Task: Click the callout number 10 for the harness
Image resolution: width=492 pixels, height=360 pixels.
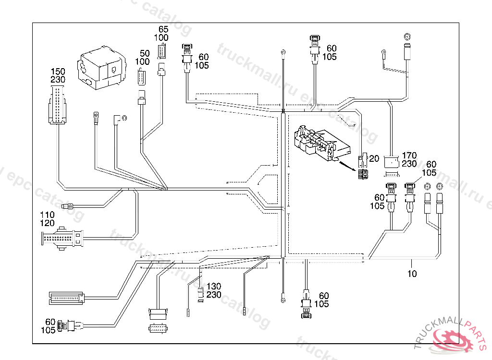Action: coord(412,274)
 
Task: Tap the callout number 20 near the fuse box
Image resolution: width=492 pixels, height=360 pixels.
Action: coord(374,159)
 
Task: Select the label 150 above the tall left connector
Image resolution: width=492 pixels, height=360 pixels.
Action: coord(58,72)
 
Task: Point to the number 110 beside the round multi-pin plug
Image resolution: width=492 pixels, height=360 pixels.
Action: coord(48,215)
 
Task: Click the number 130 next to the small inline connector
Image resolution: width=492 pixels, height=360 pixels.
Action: coord(214,287)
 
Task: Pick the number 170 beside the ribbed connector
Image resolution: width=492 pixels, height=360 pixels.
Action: coord(409,156)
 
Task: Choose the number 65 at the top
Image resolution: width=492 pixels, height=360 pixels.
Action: coord(163,30)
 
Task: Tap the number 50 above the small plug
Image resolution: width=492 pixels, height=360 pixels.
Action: coord(145,54)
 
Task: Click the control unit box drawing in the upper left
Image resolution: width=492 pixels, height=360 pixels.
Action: coord(102,69)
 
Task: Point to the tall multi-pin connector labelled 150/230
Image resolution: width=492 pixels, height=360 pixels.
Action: coord(58,105)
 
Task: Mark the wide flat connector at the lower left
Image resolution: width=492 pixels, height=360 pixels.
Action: coord(67,298)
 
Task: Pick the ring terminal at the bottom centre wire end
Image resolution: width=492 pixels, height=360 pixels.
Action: coord(283,300)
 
